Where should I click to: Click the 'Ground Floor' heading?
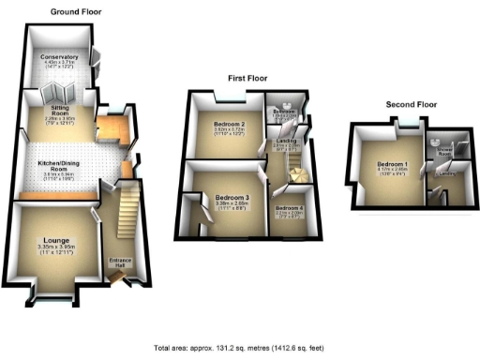point(77,12)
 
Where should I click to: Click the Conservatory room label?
point(59,58)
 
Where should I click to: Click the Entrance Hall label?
point(119,262)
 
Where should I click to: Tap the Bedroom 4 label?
point(291,208)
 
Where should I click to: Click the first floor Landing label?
point(286,141)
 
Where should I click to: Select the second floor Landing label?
point(446,173)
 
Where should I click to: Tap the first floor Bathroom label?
point(283,112)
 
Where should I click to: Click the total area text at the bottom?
point(239,347)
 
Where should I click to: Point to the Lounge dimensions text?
point(55,248)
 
